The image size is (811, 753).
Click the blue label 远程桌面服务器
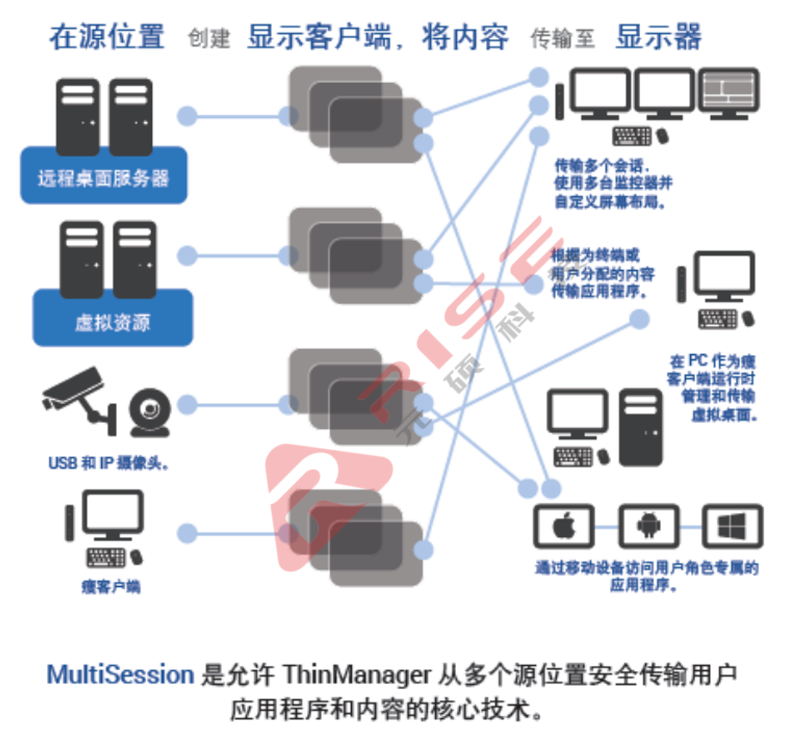[x=103, y=178]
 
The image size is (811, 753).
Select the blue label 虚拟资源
[x=112, y=323]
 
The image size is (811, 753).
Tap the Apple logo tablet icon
[x=564, y=526]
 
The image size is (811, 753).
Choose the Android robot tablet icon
[x=649, y=526]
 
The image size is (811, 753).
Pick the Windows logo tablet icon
[x=732, y=526]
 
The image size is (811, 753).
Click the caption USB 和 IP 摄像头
[x=108, y=463]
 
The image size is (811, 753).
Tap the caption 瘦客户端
[x=110, y=586]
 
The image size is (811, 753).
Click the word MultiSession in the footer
[x=120, y=675]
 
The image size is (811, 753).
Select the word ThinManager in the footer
[x=357, y=675]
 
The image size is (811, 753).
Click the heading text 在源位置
[x=107, y=37]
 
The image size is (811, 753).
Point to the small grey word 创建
[x=209, y=38]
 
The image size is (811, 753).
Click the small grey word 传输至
[x=562, y=38]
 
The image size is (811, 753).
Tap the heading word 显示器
[x=659, y=37]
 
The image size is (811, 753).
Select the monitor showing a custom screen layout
[x=728, y=91]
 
